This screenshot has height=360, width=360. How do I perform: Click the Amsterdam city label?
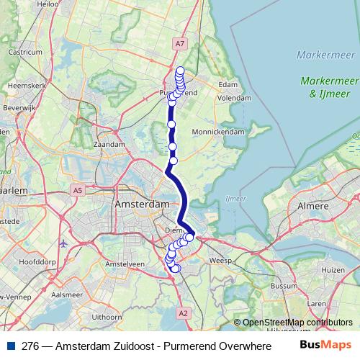coord(141,205)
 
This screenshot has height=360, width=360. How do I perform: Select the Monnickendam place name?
coord(219,132)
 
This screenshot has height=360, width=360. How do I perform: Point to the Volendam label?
coord(234,97)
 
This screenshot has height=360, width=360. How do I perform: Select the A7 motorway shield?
coord(180,45)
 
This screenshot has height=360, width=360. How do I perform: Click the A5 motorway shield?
coord(77,189)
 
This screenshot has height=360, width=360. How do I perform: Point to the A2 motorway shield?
coord(183,313)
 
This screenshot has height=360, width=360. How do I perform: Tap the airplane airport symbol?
coord(63,243)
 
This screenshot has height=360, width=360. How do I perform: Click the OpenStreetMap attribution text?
coord(297,322)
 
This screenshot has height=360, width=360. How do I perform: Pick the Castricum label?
coord(26,52)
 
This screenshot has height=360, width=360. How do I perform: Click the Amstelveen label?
coord(121,264)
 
